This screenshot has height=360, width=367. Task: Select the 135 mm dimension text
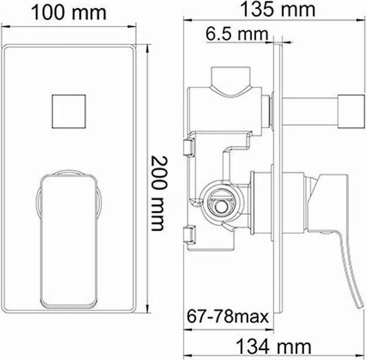(278, 9)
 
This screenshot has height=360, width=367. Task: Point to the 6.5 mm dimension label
(237, 34)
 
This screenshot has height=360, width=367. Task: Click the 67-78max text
(228, 317)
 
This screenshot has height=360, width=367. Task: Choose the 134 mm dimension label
(274, 346)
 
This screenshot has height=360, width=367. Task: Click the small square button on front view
(68, 111)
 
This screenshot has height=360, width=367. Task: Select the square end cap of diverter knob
(351, 111)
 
